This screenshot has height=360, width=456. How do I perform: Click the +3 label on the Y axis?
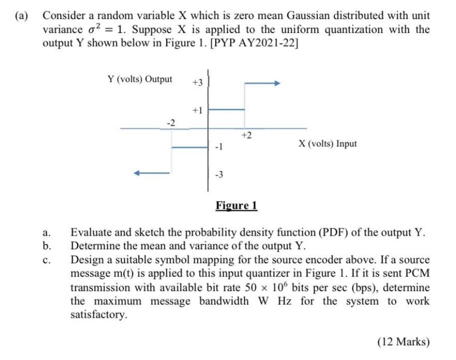coord(198,82)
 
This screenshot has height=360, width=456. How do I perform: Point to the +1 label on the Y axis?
coord(198,110)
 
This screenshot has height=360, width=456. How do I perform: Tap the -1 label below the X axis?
coord(217,147)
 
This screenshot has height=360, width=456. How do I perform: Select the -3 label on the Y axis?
coord(218,174)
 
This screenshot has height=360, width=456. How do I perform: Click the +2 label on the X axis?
coord(246,135)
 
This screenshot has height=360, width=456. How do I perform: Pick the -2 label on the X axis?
coord(171,122)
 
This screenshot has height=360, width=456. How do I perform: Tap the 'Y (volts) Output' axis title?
coord(140,79)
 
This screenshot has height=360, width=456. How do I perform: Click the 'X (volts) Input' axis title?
coord(328,144)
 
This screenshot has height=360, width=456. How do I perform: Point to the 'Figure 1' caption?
coord(236,205)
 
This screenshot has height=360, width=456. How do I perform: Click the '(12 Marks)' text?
coord(404,342)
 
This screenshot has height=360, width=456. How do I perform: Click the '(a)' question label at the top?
coord(22,16)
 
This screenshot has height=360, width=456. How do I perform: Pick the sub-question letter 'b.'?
coord(47,246)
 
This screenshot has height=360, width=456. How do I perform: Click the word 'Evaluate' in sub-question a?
coord(90,232)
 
